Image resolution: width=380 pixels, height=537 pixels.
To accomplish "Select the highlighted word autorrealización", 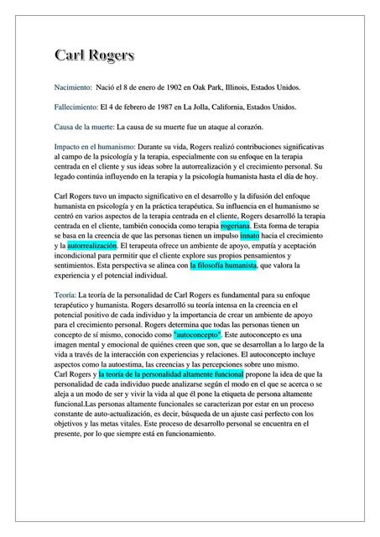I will point(92,247).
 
